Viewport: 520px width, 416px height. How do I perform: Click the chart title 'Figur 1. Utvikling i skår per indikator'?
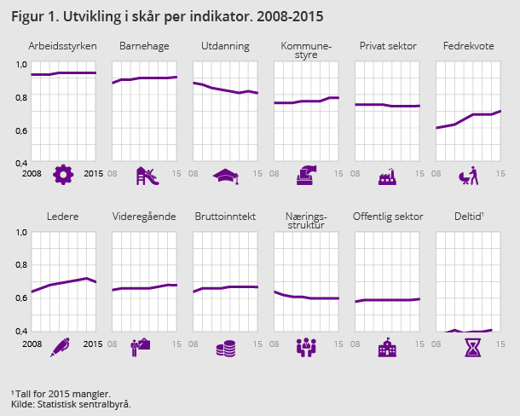click(167, 16)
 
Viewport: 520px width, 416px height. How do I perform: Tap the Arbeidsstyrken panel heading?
click(63, 45)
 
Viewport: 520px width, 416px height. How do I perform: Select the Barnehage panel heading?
click(144, 45)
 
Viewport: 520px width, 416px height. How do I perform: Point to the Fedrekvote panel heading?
click(467, 45)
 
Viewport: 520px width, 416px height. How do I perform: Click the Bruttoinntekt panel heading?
click(225, 217)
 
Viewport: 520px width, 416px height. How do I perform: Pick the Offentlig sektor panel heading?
click(387, 217)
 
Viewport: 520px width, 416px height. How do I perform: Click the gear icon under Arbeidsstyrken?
click(63, 175)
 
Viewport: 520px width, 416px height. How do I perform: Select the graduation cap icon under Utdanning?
click(226, 176)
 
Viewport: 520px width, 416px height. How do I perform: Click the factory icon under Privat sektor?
click(388, 176)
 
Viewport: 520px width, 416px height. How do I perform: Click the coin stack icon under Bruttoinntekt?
click(226, 348)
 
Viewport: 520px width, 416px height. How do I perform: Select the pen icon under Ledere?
click(61, 347)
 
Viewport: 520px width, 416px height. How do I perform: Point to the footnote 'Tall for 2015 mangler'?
click(61, 393)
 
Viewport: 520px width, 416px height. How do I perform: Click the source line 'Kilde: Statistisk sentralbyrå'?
click(71, 404)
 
